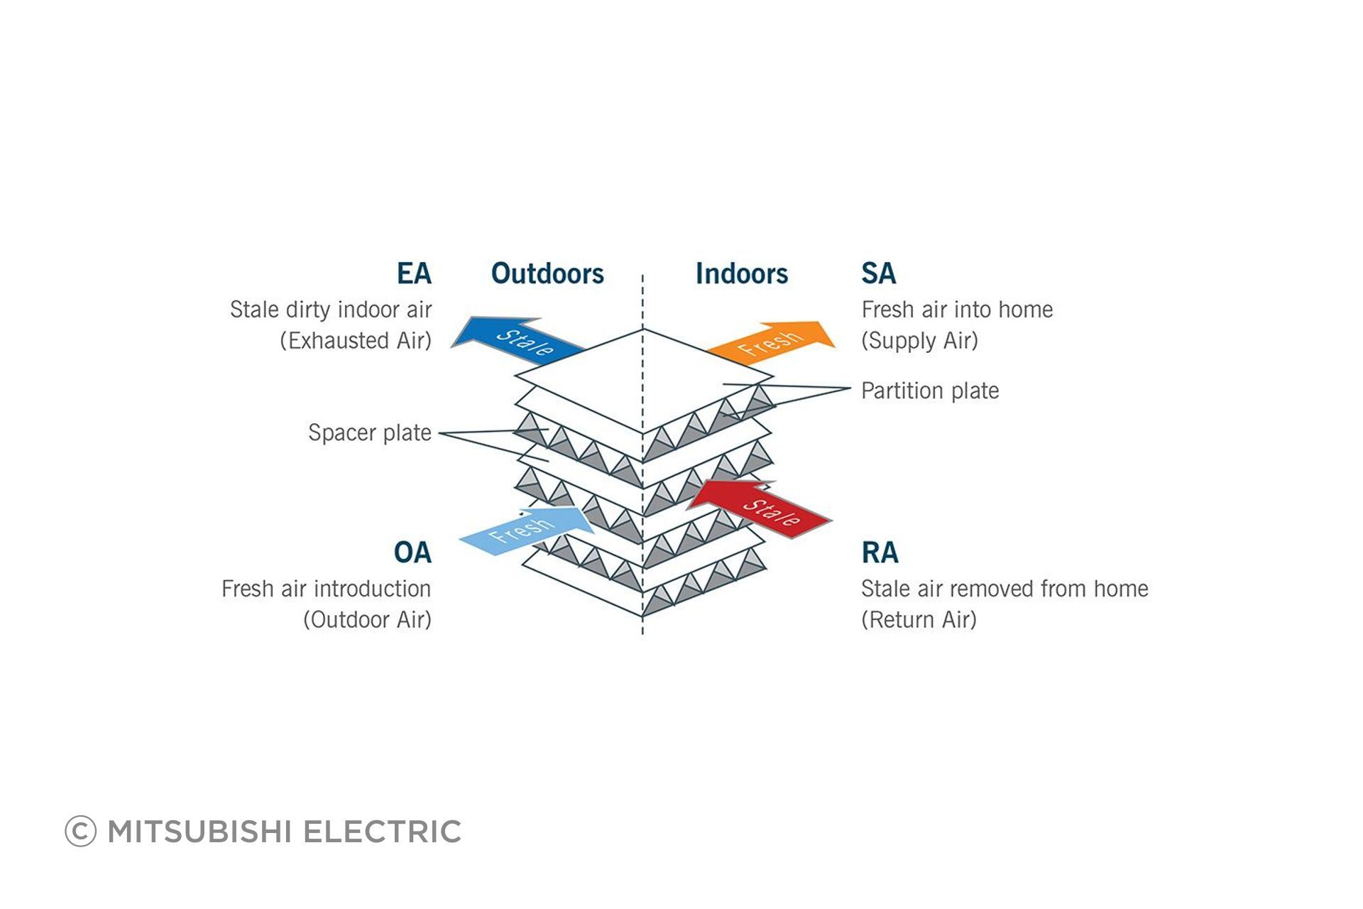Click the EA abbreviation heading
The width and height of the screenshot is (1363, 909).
414,273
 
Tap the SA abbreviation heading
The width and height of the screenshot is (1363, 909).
879,273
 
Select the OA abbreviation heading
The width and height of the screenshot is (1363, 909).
412,553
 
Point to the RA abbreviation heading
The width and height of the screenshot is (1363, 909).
880,553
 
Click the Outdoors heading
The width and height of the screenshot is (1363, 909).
547,273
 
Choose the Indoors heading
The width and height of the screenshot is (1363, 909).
742,273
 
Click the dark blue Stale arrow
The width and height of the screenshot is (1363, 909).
518,340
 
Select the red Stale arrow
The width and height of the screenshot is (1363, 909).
760,506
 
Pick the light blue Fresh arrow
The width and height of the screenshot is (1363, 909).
527,530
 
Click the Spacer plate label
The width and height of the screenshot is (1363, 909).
370,432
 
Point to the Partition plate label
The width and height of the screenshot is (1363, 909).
930,391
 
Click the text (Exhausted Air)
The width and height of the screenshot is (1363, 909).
356,341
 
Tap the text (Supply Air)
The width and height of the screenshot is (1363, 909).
920,341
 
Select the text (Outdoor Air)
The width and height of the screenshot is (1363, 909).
368,620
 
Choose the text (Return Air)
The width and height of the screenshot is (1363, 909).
919,620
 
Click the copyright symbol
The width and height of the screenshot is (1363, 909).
80,832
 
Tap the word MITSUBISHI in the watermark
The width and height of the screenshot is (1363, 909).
199,832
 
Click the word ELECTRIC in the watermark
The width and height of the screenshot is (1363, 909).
382,832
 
